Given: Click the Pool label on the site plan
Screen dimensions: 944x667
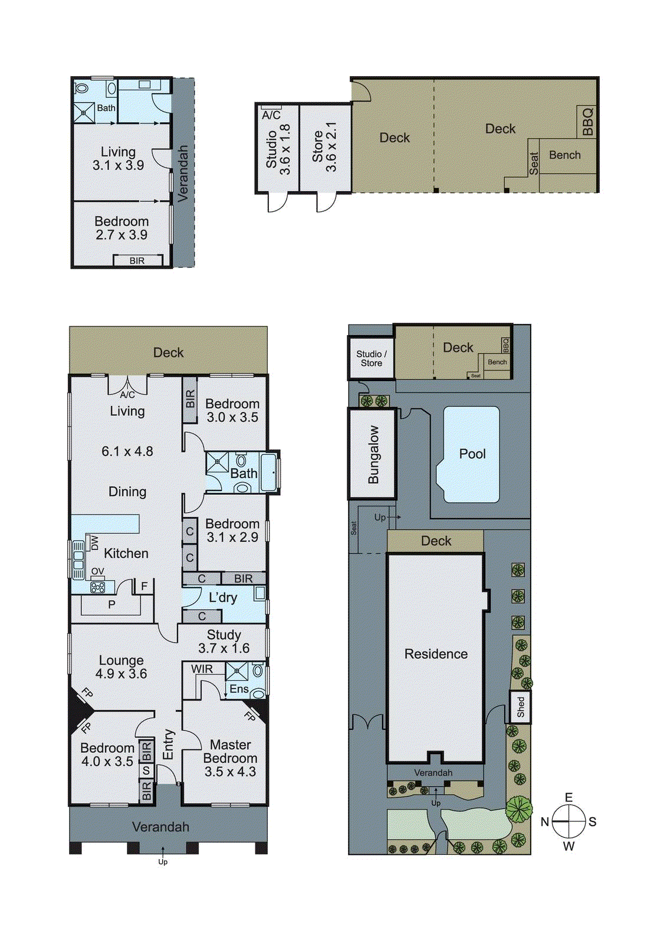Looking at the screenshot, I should (472, 454).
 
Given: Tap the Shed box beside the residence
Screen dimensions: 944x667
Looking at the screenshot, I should (520, 707).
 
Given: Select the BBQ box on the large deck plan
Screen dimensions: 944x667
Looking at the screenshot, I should (587, 122).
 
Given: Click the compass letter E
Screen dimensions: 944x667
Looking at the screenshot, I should (569, 798).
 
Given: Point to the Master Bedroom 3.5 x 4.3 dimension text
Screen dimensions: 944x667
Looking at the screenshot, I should (230, 772).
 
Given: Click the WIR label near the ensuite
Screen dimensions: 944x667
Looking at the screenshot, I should (202, 669).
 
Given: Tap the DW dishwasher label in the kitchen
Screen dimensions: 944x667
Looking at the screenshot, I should (94, 542).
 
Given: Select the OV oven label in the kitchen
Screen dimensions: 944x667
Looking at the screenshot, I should (97, 572).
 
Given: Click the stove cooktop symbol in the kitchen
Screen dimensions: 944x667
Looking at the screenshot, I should (98, 587).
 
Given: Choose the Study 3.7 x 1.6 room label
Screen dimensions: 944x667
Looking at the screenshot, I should (224, 641).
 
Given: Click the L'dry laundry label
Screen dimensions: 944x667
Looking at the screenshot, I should (223, 598).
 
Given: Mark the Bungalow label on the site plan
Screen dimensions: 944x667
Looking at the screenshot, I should (373, 454).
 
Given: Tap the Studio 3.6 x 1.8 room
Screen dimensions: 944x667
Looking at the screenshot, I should (277, 148).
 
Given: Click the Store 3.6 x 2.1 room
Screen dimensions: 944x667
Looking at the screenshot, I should (324, 147).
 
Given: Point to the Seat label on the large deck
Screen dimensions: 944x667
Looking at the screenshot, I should (534, 163).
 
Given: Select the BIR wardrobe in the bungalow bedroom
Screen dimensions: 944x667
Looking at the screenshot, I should (137, 260).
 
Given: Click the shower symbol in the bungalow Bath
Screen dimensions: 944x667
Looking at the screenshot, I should (84, 112).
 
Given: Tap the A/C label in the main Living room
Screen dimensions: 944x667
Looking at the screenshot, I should (127, 395).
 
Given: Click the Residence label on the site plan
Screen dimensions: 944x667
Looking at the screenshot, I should (436, 654).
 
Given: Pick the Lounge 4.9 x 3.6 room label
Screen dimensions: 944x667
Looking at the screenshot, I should (121, 667).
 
